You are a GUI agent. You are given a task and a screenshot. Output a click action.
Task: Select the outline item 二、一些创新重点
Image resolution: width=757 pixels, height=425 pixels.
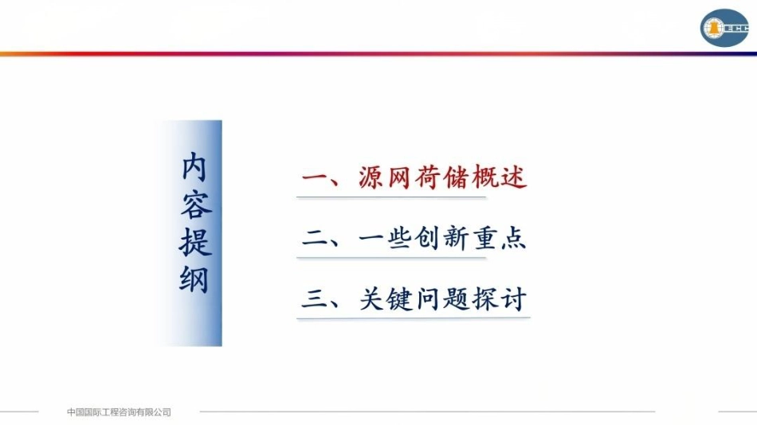click(x=414, y=240)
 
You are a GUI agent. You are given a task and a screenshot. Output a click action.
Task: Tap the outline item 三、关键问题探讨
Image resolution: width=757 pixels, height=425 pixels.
click(x=414, y=301)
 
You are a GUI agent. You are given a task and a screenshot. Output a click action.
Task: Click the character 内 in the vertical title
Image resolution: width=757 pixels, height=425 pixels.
click(x=195, y=168)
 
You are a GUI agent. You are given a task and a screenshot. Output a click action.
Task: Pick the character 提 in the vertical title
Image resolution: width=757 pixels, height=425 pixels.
click(x=195, y=241)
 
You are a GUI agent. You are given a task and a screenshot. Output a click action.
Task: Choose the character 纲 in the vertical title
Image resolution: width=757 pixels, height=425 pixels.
click(x=195, y=279)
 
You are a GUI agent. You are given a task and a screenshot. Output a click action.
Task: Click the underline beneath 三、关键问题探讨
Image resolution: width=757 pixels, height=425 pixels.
click(x=414, y=318)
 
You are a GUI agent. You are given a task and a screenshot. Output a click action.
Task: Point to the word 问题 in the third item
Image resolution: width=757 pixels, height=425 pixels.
click(x=443, y=301)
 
